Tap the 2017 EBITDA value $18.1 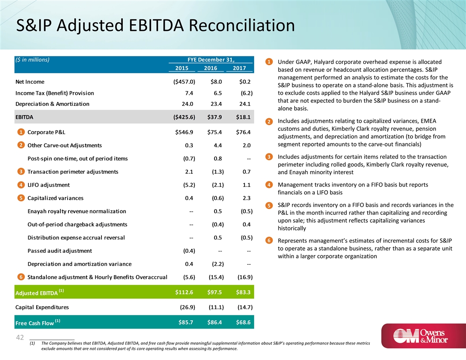(243, 117)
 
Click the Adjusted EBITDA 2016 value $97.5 (215, 292)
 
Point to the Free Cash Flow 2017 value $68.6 (243, 322)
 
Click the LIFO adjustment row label (48, 185)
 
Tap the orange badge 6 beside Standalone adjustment (21, 277)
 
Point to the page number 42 (19, 337)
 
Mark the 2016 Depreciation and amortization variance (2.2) (215, 264)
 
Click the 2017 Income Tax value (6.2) (244, 93)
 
